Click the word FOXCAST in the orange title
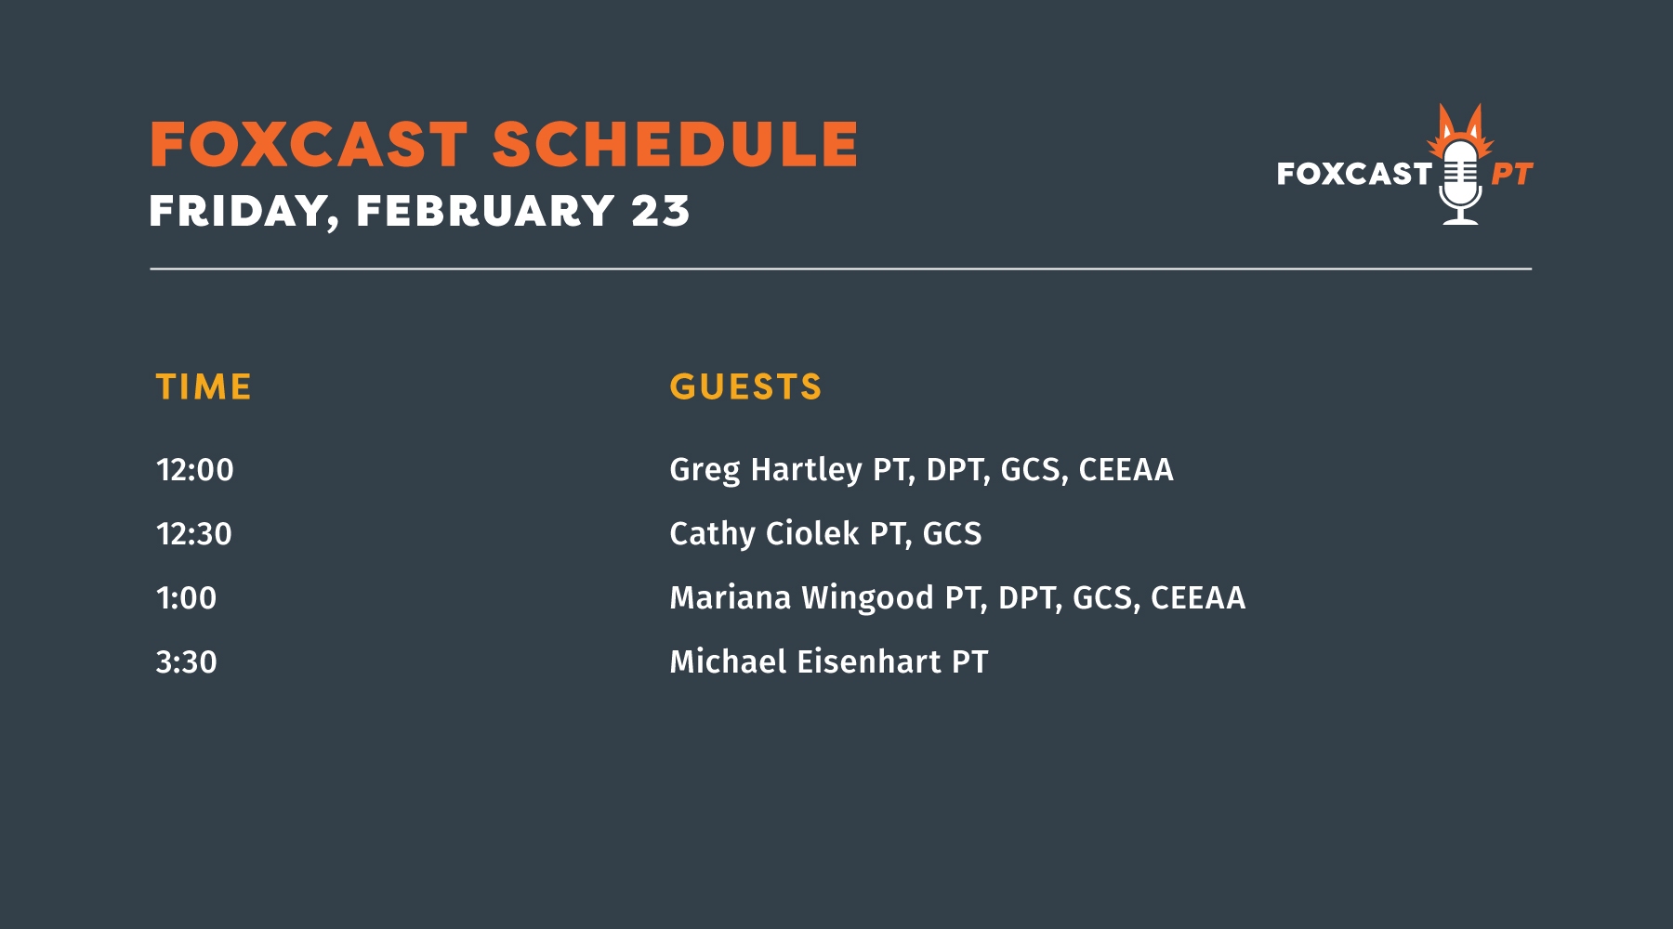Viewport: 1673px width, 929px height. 309,145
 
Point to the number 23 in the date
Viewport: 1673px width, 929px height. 661,211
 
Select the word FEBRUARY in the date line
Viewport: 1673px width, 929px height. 485,211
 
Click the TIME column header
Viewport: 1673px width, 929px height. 204,386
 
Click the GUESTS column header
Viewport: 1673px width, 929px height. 745,386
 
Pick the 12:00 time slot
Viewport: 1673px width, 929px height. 194,470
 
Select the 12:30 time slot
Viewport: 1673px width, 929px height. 193,534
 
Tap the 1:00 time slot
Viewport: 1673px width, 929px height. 186,598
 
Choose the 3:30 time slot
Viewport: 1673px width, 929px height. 186,662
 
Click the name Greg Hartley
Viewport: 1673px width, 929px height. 766,470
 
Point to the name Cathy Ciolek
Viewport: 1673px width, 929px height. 764,534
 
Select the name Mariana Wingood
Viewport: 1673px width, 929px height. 801,598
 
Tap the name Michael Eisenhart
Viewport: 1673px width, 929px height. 805,662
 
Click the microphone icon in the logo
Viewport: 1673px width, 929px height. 1460,182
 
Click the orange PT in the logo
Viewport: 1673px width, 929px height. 1512,175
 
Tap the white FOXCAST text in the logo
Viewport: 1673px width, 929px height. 1354,174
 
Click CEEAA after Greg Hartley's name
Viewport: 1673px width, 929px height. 1126,470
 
